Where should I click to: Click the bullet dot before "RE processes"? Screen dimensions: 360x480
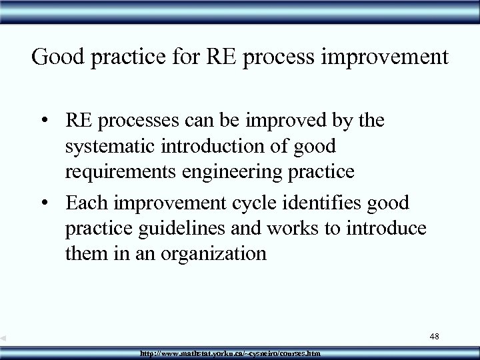(51, 121)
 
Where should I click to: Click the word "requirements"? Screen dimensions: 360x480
(117, 172)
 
